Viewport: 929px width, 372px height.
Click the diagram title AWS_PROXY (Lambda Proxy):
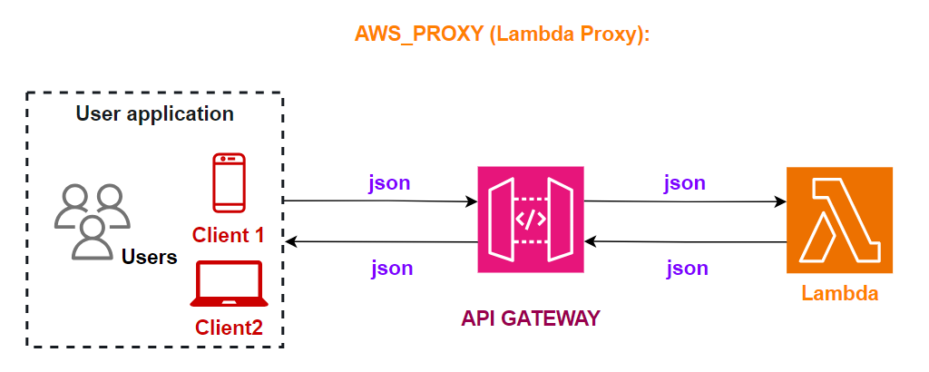pos(504,35)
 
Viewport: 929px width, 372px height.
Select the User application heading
pos(155,114)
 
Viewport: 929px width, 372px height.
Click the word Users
pos(150,258)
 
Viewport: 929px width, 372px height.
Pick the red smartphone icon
pos(229,184)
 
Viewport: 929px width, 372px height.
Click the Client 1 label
pos(228,235)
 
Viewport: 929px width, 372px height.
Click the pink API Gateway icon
pos(531,219)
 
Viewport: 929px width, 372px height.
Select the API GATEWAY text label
pos(531,318)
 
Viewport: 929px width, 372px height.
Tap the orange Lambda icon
pos(840,220)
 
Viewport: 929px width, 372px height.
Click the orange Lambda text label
pos(840,294)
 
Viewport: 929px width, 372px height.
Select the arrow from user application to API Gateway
pos(381,201)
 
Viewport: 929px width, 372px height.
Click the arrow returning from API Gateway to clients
pos(381,241)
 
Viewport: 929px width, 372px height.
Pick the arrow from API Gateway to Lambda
pos(685,201)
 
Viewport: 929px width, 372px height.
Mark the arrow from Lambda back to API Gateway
pos(685,241)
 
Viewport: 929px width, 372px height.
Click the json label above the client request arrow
pos(389,182)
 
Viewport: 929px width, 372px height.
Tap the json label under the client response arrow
pos(392,268)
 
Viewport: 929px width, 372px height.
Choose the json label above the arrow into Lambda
pos(685,182)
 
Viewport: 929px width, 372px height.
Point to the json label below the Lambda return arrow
pos(687,268)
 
